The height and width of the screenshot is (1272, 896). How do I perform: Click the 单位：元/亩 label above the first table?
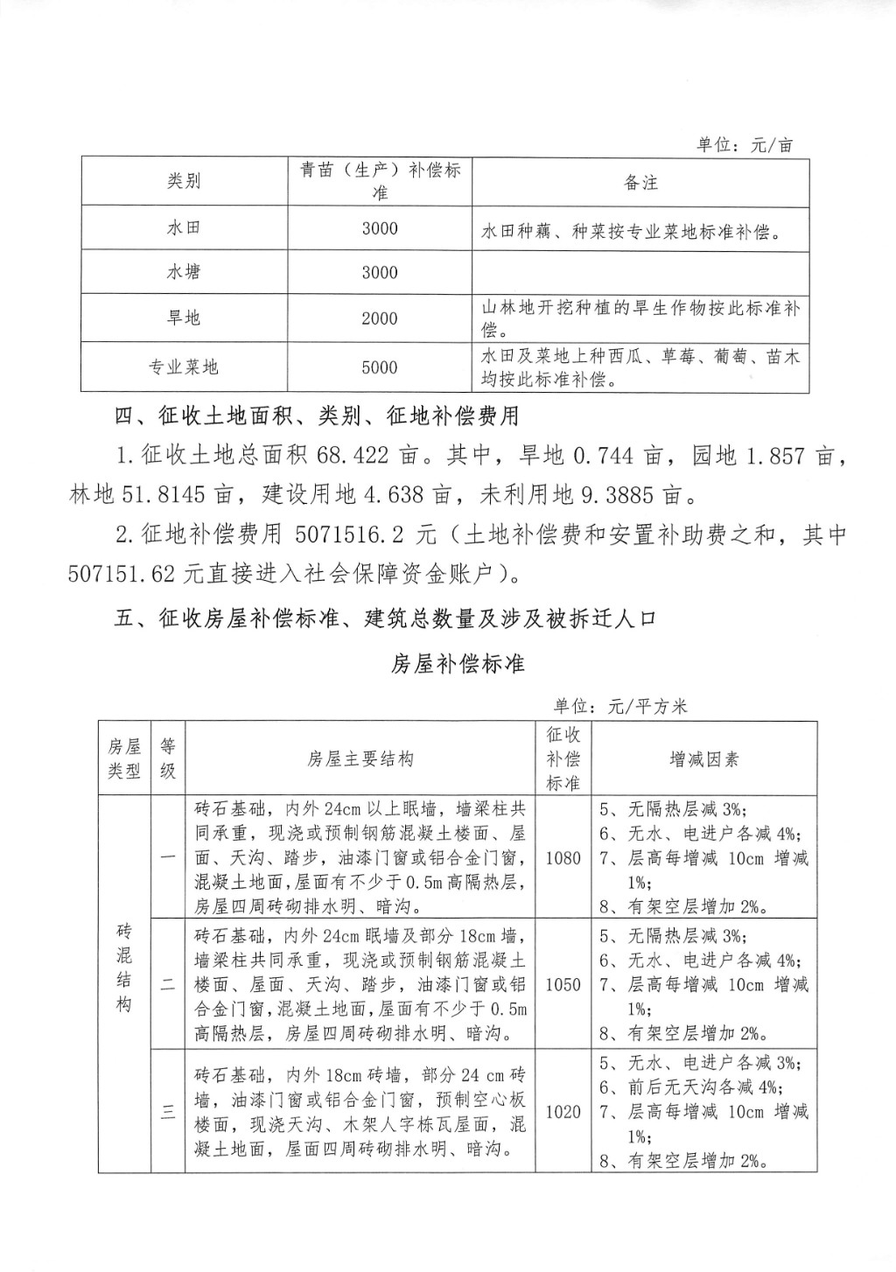[745, 145]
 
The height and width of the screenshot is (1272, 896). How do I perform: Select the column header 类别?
[184, 181]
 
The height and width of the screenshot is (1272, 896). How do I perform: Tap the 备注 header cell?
[640, 182]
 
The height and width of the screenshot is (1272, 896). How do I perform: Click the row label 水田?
[184, 227]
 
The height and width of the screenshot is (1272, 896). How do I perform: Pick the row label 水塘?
[184, 272]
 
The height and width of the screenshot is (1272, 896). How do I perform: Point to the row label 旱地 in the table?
[184, 318]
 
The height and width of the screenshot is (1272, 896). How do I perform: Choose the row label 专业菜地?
[184, 367]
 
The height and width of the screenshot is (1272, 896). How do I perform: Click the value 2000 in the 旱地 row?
[380, 318]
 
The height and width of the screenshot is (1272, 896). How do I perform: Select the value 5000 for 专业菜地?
[380, 367]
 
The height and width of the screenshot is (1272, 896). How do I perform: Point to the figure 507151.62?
[122, 573]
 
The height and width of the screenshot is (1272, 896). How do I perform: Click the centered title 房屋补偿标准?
[458, 664]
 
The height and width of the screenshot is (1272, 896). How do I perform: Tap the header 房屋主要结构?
[360, 758]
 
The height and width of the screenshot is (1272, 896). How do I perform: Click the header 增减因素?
[703, 758]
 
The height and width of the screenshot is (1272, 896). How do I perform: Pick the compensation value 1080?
[563, 858]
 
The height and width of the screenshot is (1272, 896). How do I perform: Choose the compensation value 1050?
[563, 984]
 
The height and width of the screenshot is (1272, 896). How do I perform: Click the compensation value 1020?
[563, 1112]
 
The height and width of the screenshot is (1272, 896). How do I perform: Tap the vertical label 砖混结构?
[124, 967]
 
